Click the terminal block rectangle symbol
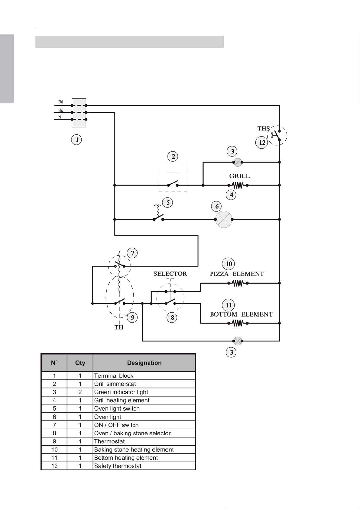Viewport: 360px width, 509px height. [79, 113]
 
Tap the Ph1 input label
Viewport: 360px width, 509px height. [61, 102]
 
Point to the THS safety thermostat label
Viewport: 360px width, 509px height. [264, 129]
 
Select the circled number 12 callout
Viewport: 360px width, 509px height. [262, 143]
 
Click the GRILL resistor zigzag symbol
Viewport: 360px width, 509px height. [238, 185]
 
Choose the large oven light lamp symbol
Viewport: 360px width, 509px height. [224, 220]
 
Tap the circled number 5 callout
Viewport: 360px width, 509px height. [168, 202]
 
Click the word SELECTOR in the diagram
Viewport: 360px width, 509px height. [170, 274]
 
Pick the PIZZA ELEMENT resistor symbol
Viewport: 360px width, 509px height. [238, 283]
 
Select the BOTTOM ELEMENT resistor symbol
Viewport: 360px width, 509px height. [238, 323]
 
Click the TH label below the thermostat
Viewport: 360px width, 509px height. [119, 327]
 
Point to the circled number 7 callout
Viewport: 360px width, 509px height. [132, 253]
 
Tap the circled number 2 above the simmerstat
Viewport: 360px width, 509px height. [173, 156]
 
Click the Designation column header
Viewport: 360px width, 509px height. [144, 363]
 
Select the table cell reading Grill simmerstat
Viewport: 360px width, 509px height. [144, 384]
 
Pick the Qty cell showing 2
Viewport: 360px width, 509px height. [80, 392]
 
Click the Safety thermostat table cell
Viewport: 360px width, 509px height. [144, 466]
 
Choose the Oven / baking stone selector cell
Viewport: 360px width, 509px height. [144, 433]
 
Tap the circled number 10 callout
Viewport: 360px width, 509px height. [228, 264]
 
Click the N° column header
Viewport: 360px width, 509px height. [54, 363]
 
